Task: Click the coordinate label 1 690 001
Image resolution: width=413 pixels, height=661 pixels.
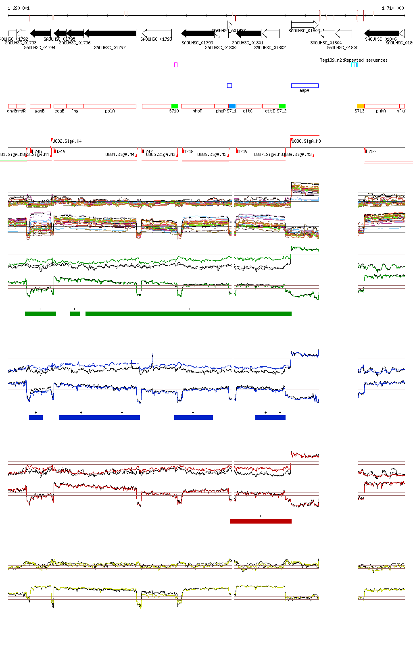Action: tap(19, 8)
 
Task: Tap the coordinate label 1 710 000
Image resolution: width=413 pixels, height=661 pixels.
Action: tap(393, 8)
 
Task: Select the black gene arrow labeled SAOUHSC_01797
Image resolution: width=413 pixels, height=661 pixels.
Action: tap(110, 33)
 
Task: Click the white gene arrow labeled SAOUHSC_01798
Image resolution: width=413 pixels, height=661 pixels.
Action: tap(157, 33)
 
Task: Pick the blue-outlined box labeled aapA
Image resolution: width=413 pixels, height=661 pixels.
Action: tap(305, 85)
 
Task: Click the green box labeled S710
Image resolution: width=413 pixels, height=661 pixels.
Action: tap(175, 106)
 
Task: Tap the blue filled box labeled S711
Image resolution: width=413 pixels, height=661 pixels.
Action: tap(232, 106)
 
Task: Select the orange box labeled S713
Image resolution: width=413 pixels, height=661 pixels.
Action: tap(360, 106)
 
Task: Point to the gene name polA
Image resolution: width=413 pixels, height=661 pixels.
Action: tap(110, 111)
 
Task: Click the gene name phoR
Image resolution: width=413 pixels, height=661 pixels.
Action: tap(197, 111)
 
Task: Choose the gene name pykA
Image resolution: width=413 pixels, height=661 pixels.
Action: tap(381, 111)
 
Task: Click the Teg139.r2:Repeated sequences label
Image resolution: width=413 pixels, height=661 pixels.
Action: tap(354, 60)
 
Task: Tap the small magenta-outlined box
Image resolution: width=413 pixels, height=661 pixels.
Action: tap(176, 64)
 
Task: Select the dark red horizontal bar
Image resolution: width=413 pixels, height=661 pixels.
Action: tap(261, 521)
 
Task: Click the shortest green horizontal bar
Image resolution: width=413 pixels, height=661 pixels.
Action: tap(75, 314)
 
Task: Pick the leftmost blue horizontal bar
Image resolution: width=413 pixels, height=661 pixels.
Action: tap(36, 418)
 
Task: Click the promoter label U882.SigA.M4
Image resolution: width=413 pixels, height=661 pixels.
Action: tap(67, 141)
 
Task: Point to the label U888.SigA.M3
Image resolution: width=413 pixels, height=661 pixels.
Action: tap(307, 141)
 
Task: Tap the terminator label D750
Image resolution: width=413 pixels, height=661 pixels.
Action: tap(371, 152)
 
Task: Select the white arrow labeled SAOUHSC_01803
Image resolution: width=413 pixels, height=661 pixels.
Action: tap(305, 25)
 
